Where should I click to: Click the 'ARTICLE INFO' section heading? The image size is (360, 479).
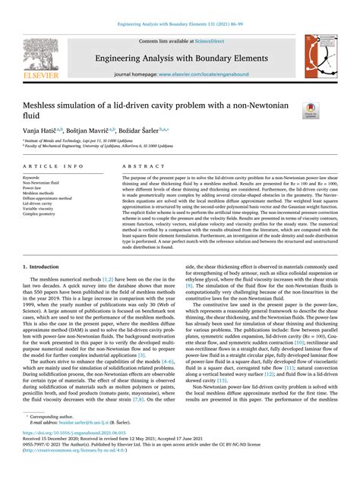(x=53, y=165)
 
